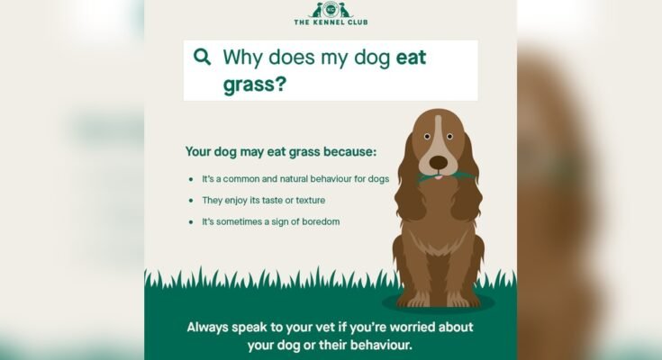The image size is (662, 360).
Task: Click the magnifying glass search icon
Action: pyautogui.click(x=202, y=58)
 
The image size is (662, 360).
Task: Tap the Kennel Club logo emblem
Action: pyautogui.click(x=331, y=10)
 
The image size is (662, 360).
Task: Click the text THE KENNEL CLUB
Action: pyautogui.click(x=331, y=22)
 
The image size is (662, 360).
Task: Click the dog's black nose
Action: pyautogui.click(x=438, y=163)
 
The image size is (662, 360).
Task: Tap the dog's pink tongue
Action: pyautogui.click(x=438, y=177)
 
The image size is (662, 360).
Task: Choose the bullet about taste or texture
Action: pyautogui.click(x=264, y=200)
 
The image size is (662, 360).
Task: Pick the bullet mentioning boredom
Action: pyautogui.click(x=270, y=221)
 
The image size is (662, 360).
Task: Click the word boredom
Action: pyautogui.click(x=320, y=221)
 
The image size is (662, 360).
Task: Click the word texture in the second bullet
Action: pyautogui.click(x=307, y=200)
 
